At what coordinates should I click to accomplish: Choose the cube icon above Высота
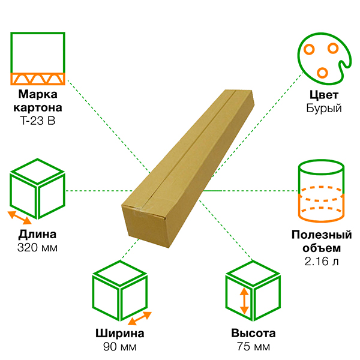253,292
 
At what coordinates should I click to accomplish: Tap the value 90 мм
120,347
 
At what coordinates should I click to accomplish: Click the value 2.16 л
322,262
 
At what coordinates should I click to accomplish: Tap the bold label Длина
38,235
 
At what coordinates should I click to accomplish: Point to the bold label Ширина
120,334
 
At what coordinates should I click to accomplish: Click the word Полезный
322,235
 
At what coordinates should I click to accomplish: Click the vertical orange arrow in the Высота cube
244,302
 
